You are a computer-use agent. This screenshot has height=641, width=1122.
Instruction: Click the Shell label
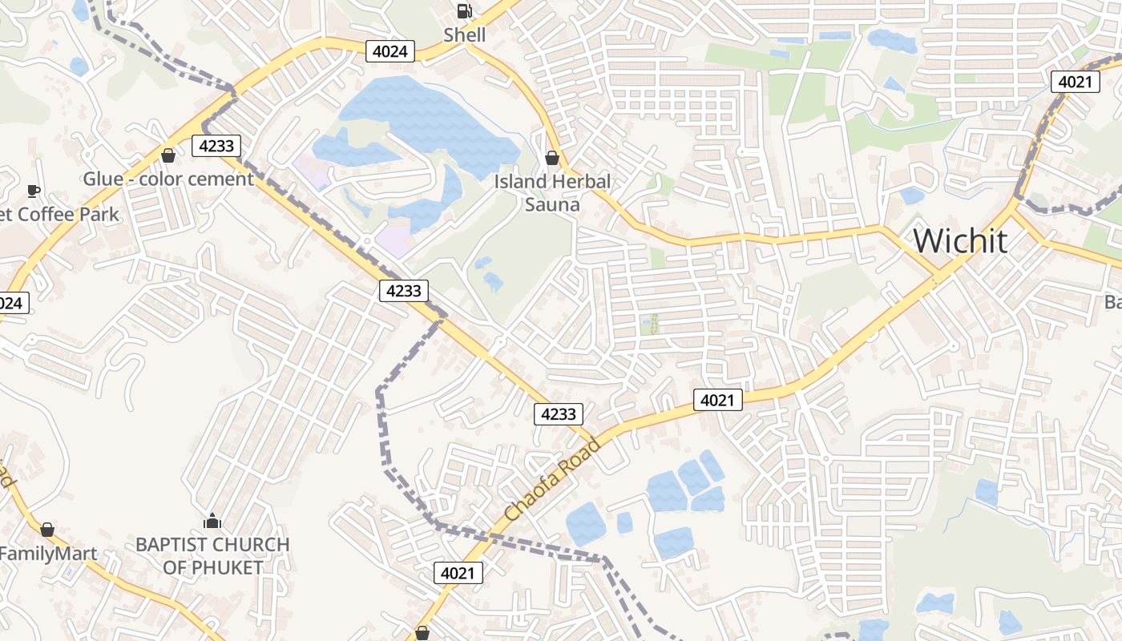465,34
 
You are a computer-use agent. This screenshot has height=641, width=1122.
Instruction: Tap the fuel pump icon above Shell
464,11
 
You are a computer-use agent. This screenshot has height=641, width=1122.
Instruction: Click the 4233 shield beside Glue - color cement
216,145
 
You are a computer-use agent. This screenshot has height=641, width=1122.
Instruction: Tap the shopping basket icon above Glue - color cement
168,155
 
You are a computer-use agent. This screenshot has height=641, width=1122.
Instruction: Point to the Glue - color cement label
168,179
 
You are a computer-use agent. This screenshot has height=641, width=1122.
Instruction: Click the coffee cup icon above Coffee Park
33,191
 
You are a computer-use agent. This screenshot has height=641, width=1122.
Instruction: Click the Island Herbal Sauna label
552,192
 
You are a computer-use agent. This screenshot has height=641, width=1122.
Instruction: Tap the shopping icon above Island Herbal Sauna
551,157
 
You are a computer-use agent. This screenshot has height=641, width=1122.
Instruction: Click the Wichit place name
960,240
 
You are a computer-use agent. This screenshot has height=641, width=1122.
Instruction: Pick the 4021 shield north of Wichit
1075,81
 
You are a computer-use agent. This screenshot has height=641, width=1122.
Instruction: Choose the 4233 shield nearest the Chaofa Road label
559,413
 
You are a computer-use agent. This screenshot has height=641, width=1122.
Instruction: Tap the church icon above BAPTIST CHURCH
212,522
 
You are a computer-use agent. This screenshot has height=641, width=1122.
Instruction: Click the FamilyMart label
48,554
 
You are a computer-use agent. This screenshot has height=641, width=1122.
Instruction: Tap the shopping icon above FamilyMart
47,530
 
